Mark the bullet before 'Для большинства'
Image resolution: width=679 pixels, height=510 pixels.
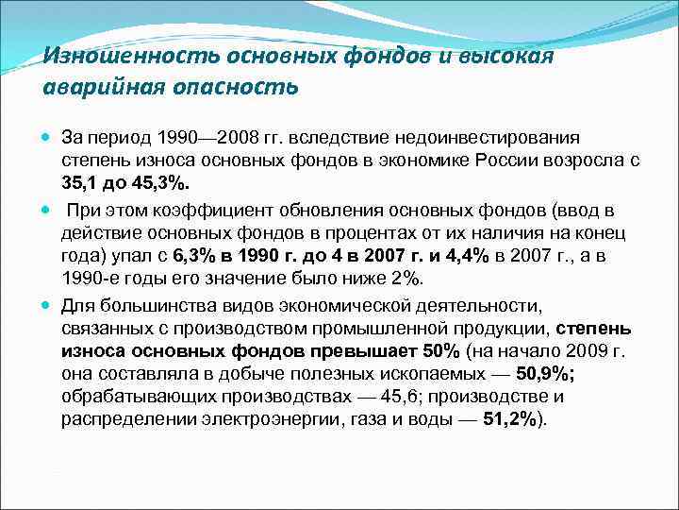[48, 305]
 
